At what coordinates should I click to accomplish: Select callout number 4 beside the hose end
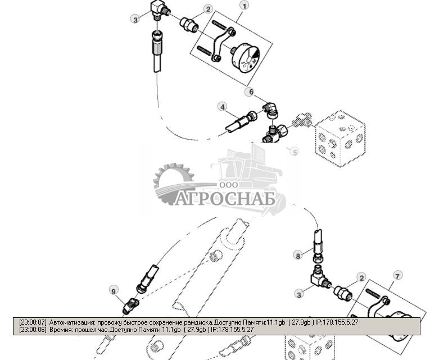pos(223,107)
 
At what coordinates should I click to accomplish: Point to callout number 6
pos(251,92)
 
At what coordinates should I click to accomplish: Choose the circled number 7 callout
pos(397,276)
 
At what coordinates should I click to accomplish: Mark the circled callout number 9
pos(114,290)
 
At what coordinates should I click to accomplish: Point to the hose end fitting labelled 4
pos(240,121)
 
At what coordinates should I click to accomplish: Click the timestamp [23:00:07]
pos(33,323)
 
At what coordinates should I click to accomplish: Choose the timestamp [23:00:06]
pos(33,330)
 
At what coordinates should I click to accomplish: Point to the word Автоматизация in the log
pos(72,323)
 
